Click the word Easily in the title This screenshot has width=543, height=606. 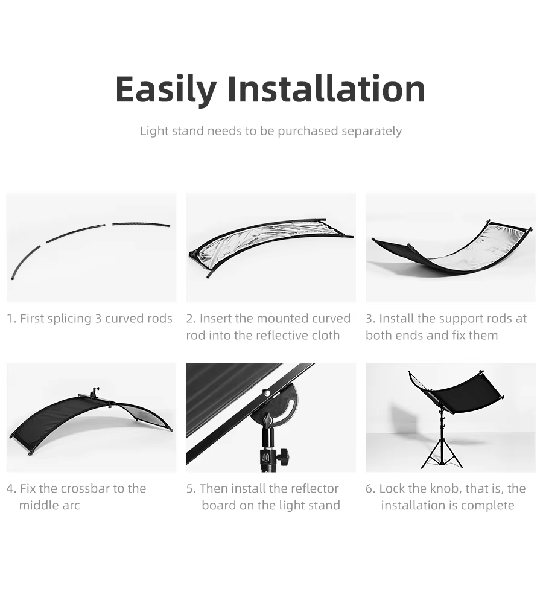pos(166,89)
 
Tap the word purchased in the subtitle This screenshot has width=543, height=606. pos(308,132)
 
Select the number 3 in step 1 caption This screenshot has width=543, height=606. pos(98,319)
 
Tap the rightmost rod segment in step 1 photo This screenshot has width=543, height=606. pos(141,224)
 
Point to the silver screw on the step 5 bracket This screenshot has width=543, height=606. pos(266,393)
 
